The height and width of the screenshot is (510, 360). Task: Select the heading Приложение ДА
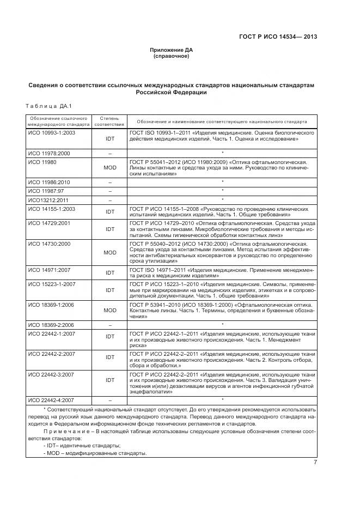[x=171, y=50]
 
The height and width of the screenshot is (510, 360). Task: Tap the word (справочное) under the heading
[x=171, y=56]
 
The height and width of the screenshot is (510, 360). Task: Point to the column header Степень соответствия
[x=110, y=121]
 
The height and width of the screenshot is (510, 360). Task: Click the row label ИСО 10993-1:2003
[x=51, y=132]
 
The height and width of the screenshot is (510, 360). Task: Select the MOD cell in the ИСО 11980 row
[x=110, y=168]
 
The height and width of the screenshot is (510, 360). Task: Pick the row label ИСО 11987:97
[x=46, y=191]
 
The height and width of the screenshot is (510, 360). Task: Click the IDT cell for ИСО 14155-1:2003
[x=110, y=211]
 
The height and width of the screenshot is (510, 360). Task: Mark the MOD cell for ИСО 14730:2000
[x=110, y=252]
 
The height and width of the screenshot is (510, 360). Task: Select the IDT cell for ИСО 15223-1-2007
[x=110, y=290]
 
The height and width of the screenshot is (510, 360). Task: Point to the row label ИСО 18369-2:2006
[x=51, y=325]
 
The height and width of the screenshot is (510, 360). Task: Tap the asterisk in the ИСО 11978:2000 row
[x=223, y=154]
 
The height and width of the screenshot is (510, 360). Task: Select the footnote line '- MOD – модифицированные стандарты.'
[x=95, y=453]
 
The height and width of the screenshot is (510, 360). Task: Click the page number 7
[x=315, y=463]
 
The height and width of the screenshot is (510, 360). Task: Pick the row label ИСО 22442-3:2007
[x=51, y=375]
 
